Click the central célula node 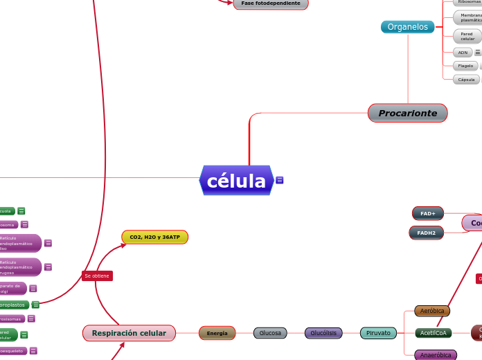pyautogui.click(x=236, y=181)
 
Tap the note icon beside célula pyautogui.click(x=280, y=181)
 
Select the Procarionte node pyautogui.click(x=407, y=113)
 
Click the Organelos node pyautogui.click(x=407, y=27)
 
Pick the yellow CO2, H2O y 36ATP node pyautogui.click(x=154, y=237)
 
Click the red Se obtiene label pyautogui.click(x=97, y=276)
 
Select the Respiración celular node pyautogui.click(x=129, y=333)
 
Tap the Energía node pyautogui.click(x=217, y=333)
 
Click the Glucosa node pyautogui.click(x=270, y=333)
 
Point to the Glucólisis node pyautogui.click(x=323, y=333)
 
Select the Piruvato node pyautogui.click(x=378, y=333)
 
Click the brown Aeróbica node pyautogui.click(x=432, y=311)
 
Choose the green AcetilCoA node pyautogui.click(x=434, y=333)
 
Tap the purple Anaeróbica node pyautogui.click(x=436, y=355)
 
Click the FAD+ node pyautogui.click(x=427, y=213)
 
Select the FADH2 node pyautogui.click(x=427, y=233)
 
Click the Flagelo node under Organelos pyautogui.click(x=465, y=66)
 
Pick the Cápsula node pyautogui.click(x=466, y=80)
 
